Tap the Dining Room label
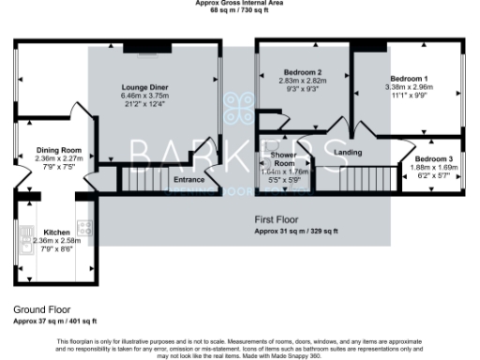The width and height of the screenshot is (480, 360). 59,150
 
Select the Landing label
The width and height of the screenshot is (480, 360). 348,152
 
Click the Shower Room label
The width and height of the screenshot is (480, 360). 282,158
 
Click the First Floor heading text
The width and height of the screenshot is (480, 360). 277,220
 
